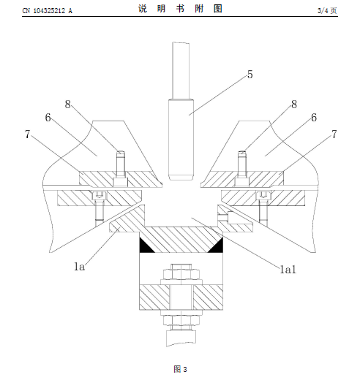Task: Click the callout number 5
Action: click(250, 75)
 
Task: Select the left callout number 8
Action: click(67, 104)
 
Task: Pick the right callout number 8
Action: click(294, 104)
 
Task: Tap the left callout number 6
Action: click(48, 118)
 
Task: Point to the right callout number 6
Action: click(314, 118)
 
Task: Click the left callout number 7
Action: click(28, 134)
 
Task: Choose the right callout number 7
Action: click(334, 134)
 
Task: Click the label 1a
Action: click(80, 267)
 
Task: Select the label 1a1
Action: click(288, 270)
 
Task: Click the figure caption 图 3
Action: click(180, 369)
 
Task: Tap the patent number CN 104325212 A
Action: click(48, 11)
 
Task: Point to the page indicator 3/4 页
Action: click(327, 10)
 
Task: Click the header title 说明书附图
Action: click(180, 9)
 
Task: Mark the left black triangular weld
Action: click(144, 246)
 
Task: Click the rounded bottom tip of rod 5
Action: click(181, 180)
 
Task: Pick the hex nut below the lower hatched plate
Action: click(181, 320)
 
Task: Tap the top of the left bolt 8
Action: click(121, 153)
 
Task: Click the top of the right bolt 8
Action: click(242, 153)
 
